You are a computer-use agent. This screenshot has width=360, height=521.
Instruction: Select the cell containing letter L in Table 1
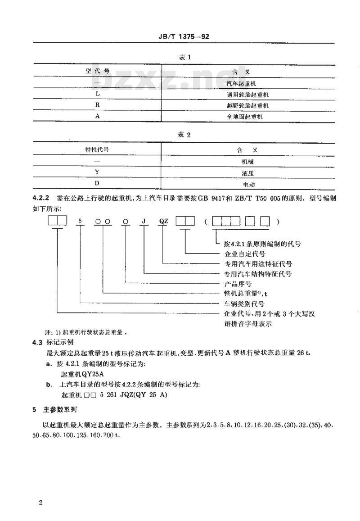[97, 95]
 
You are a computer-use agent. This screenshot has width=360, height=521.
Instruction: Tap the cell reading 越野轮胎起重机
[247, 106]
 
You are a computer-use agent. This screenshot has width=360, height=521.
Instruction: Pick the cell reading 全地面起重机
[247, 117]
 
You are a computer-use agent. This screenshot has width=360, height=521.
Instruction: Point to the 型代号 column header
[98, 71]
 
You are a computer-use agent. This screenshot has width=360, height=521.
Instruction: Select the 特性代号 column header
[98, 150]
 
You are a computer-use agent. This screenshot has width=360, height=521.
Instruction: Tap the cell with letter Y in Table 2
[97, 172]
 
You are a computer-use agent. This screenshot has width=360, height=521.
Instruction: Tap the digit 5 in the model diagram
[80, 221]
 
